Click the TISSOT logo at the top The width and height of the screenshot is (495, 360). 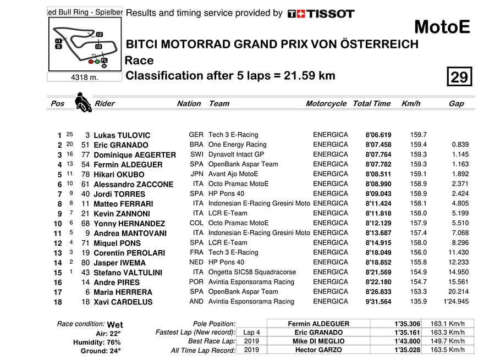(321, 13)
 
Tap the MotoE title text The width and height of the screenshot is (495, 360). (442, 27)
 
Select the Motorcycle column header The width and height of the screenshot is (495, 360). (326, 103)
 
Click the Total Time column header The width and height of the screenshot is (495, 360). (371, 103)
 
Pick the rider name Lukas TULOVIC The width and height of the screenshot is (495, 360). (122, 135)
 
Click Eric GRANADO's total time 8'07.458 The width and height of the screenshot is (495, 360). (378, 145)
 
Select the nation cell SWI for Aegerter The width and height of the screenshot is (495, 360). (196, 155)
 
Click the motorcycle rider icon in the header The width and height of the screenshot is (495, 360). (83, 103)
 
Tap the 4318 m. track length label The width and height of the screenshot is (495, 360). (85, 77)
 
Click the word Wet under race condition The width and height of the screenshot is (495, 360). (115, 325)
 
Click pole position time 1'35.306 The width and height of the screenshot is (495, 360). (408, 324)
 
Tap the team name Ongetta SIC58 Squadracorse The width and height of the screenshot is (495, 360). (252, 272)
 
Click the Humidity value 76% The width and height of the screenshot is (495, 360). (113, 342)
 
